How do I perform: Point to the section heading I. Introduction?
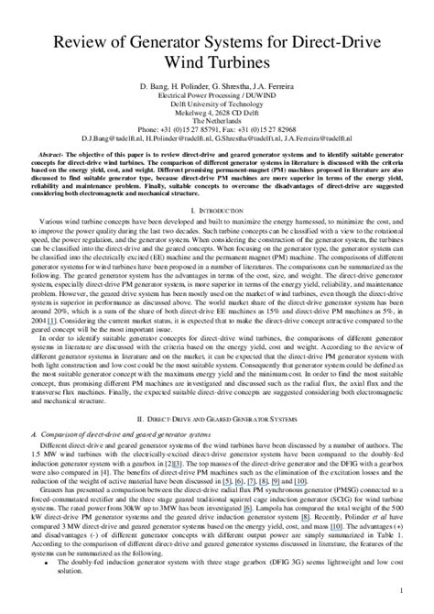tap(217, 210)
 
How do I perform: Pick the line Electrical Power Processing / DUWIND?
tap(217, 93)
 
